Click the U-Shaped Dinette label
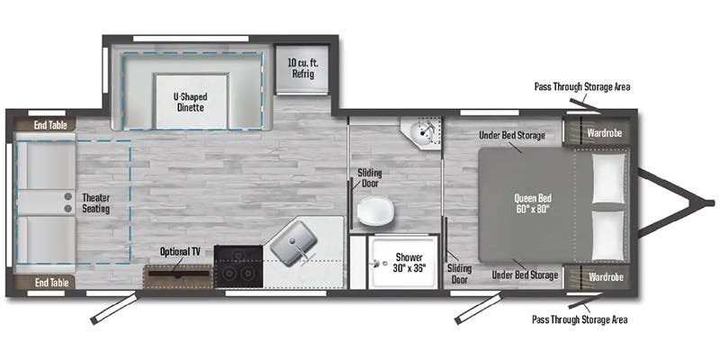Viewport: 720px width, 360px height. pyautogui.click(x=189, y=101)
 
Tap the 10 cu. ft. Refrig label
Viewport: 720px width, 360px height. pyautogui.click(x=301, y=68)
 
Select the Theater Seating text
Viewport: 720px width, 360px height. pyautogui.click(x=95, y=202)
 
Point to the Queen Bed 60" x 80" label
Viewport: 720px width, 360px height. pyautogui.click(x=532, y=203)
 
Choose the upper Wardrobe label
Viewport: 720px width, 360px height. pyautogui.click(x=603, y=132)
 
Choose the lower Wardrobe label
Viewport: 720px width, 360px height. pyautogui.click(x=603, y=275)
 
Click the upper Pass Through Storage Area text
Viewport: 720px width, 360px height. pyautogui.click(x=580, y=87)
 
